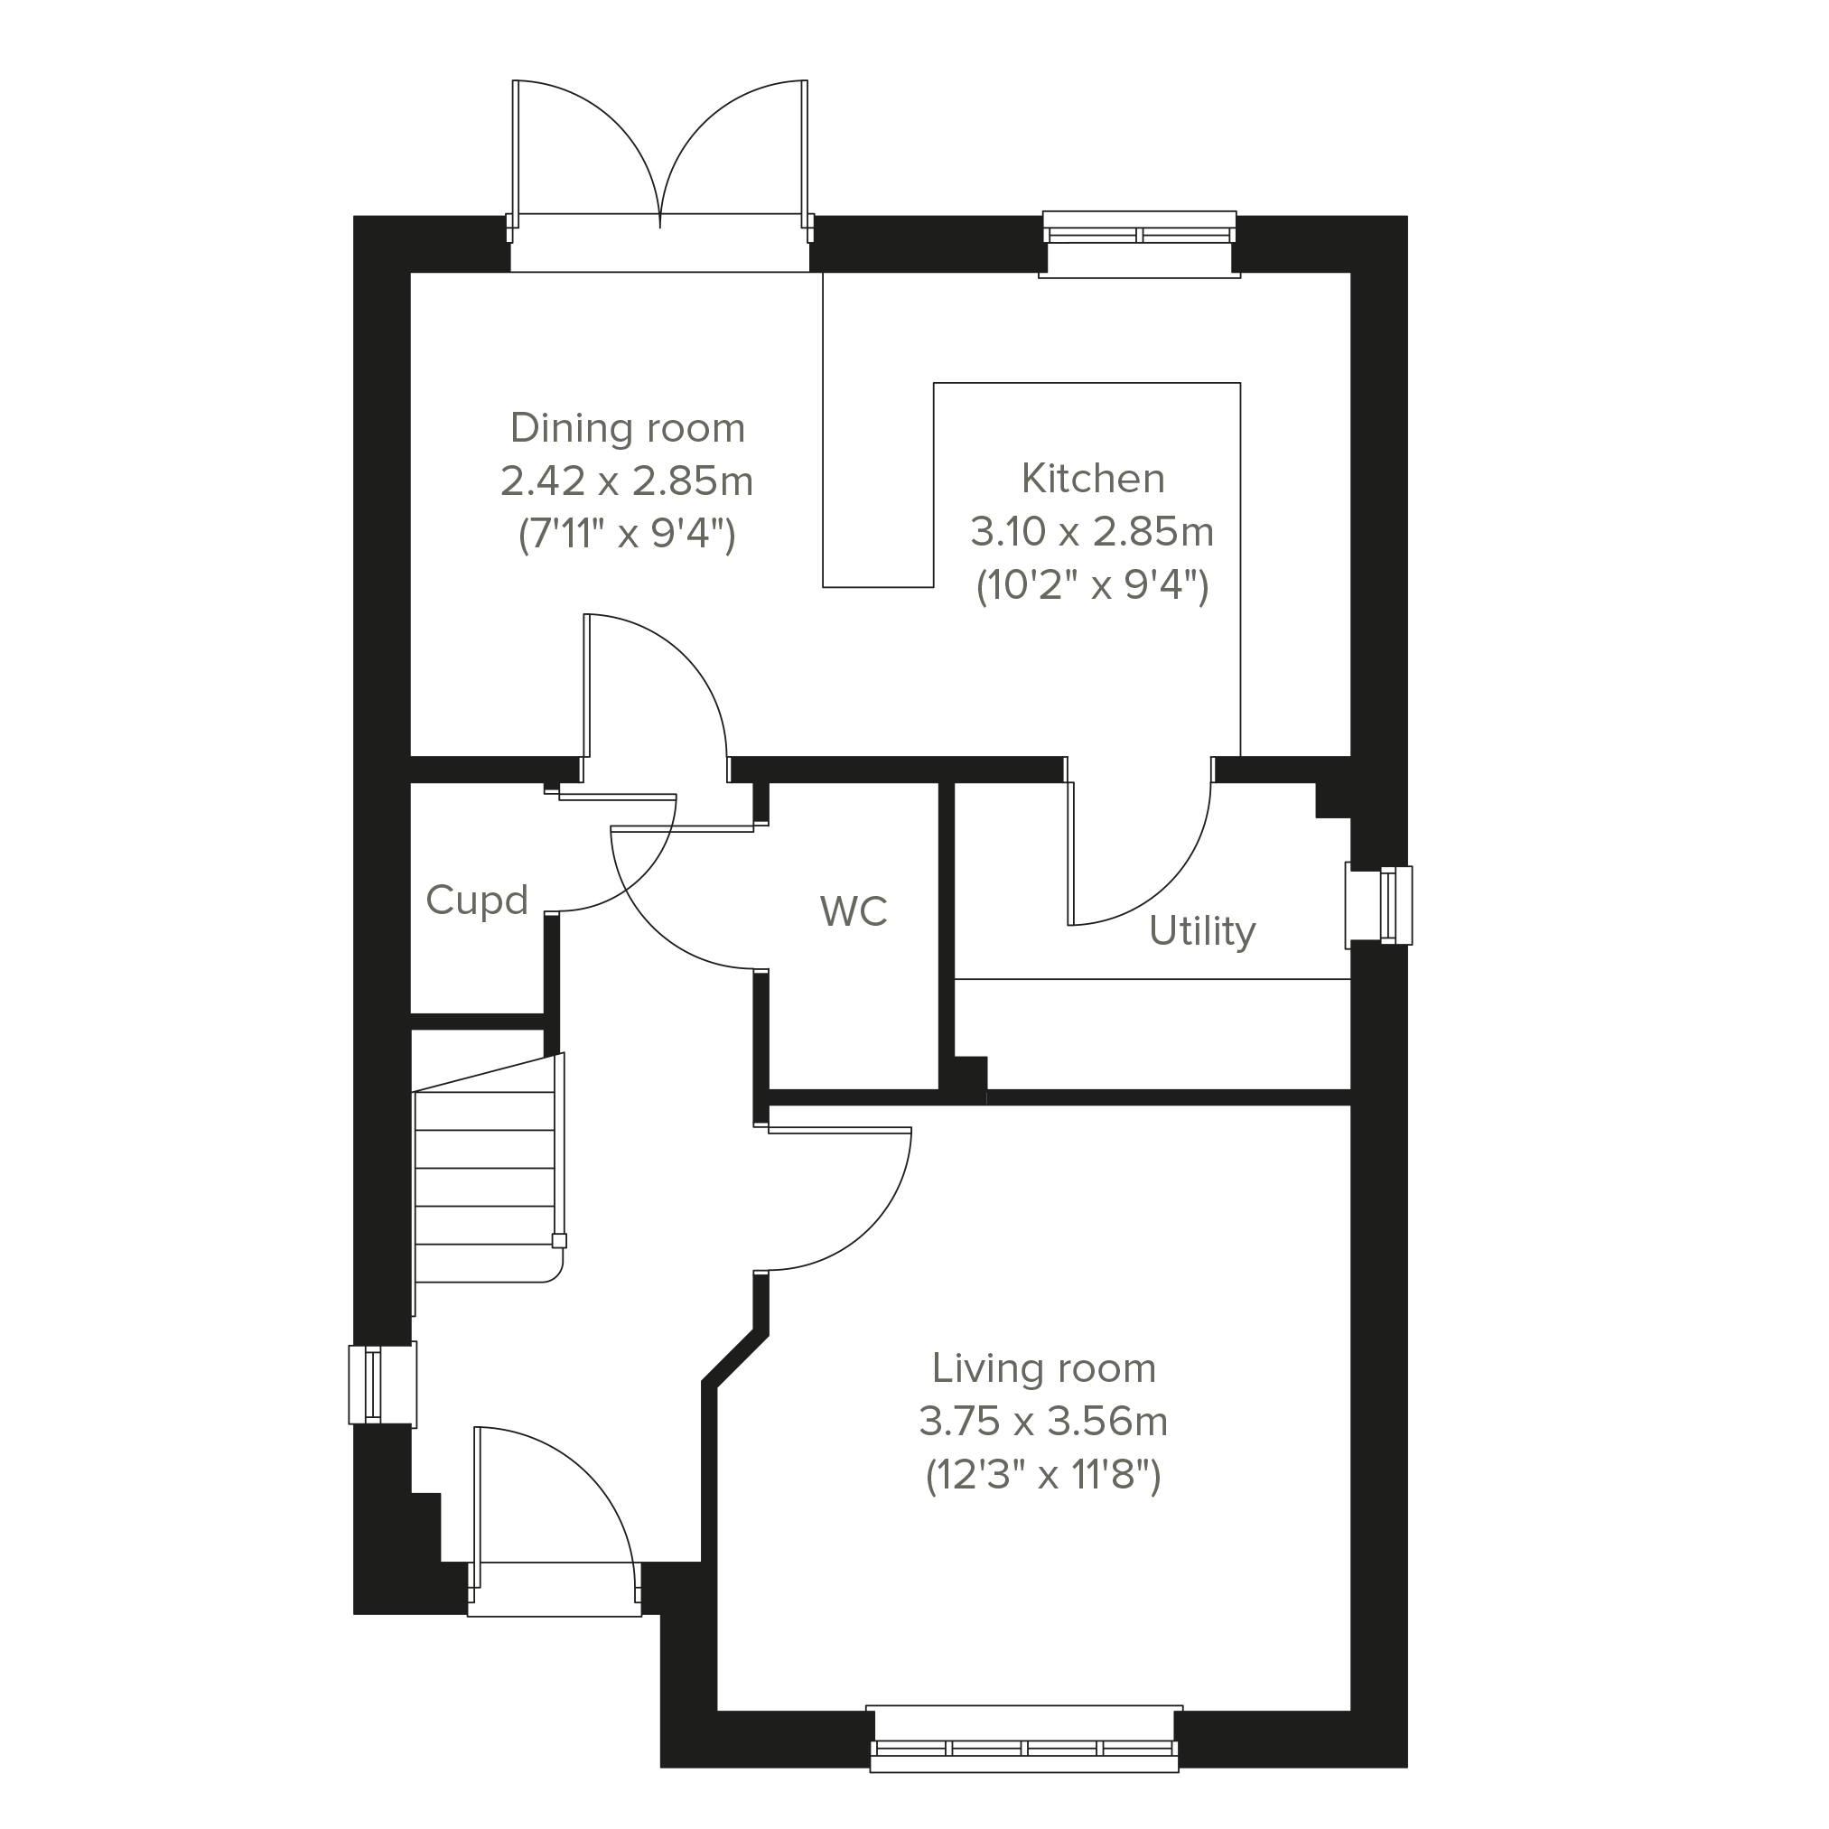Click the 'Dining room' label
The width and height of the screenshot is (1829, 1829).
(628, 429)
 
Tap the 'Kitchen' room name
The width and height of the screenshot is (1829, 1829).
(1093, 479)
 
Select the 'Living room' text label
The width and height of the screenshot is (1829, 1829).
(1043, 1369)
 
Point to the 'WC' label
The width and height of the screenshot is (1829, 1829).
(853, 911)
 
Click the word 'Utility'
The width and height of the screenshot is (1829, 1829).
(1201, 931)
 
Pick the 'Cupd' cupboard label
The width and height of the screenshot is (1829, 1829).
(477, 901)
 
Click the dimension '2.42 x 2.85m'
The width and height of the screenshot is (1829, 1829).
(627, 482)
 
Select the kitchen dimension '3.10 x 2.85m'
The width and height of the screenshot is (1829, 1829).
(1092, 532)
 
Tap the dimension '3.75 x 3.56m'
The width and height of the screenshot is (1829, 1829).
(1043, 1422)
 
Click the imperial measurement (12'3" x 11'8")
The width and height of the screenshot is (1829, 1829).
(1043, 1475)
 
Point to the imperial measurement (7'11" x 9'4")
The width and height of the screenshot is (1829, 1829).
(627, 536)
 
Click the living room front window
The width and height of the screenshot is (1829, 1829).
(1024, 1753)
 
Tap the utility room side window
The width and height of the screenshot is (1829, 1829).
(1379, 905)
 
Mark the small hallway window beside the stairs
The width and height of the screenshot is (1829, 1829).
(382, 1384)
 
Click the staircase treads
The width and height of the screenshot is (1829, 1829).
(485, 1185)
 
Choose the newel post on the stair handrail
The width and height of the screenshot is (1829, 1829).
(559, 1240)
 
